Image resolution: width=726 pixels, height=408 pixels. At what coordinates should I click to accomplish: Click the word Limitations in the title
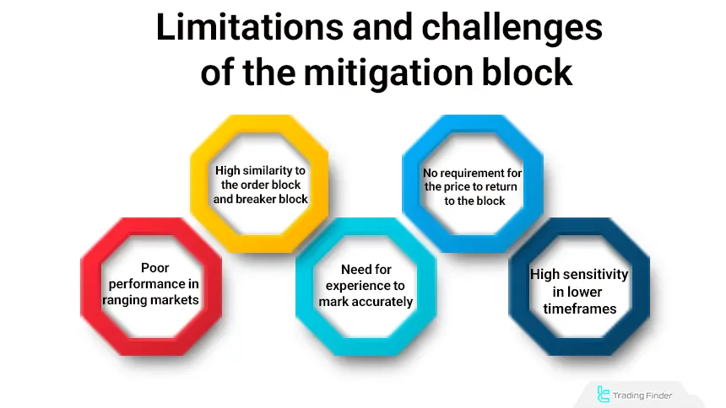coord(238,28)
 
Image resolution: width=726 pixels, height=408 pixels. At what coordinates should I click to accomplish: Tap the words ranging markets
coord(150,299)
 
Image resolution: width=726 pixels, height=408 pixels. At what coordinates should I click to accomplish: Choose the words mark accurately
coord(366,301)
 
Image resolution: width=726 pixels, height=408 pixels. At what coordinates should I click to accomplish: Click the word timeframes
coord(579,308)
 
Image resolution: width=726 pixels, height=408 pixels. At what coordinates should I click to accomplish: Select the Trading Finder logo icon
coord(603,393)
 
